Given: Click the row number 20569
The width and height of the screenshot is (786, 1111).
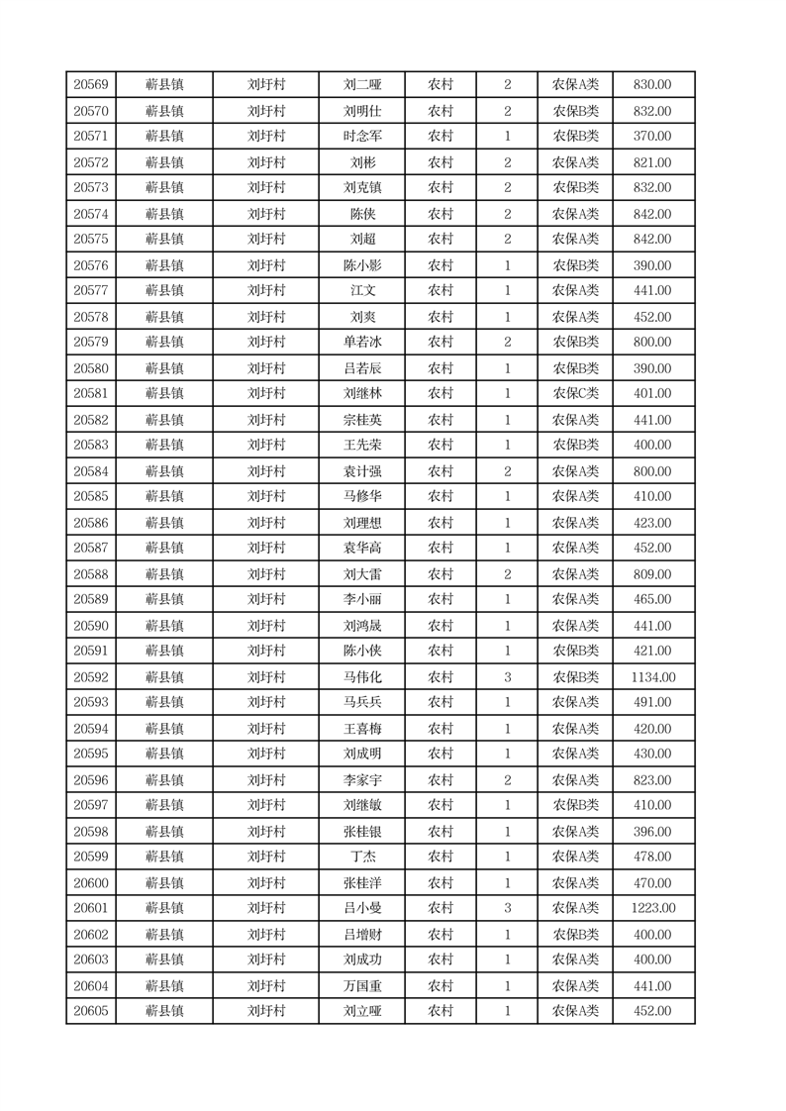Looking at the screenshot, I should (x=91, y=85).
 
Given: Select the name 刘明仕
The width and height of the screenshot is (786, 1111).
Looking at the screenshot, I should (x=362, y=111).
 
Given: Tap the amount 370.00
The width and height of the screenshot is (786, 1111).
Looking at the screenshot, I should (x=652, y=137).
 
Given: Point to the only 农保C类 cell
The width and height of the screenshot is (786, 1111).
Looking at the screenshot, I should (x=575, y=393).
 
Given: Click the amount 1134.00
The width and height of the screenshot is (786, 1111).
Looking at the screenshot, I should (x=652, y=677).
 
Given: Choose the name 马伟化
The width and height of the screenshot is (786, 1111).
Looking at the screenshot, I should (x=362, y=677).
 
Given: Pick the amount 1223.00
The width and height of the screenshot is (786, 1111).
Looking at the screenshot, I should (x=652, y=908).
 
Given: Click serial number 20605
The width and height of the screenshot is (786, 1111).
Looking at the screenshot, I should (x=91, y=1011).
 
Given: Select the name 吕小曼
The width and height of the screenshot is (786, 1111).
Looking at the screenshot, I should (x=362, y=908).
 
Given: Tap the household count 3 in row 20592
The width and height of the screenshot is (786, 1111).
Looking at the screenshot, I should (x=508, y=677).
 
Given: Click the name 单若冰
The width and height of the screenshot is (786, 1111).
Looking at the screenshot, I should (x=362, y=342).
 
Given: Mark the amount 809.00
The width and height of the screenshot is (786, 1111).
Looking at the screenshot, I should (x=652, y=574).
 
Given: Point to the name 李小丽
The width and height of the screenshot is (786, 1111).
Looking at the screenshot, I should (x=362, y=599).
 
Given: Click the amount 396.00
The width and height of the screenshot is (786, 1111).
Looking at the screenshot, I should (x=652, y=832).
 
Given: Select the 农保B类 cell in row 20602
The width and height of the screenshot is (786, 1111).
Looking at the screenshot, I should (x=575, y=935).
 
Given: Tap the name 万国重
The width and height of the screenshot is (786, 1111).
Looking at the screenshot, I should (x=362, y=986).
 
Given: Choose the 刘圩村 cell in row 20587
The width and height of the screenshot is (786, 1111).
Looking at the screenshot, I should (x=266, y=548).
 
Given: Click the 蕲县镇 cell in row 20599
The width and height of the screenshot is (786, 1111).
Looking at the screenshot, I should (x=164, y=857).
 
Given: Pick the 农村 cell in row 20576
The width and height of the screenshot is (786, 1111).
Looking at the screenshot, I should (x=441, y=265).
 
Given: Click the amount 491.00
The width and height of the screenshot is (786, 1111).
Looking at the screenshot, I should (x=652, y=702).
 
